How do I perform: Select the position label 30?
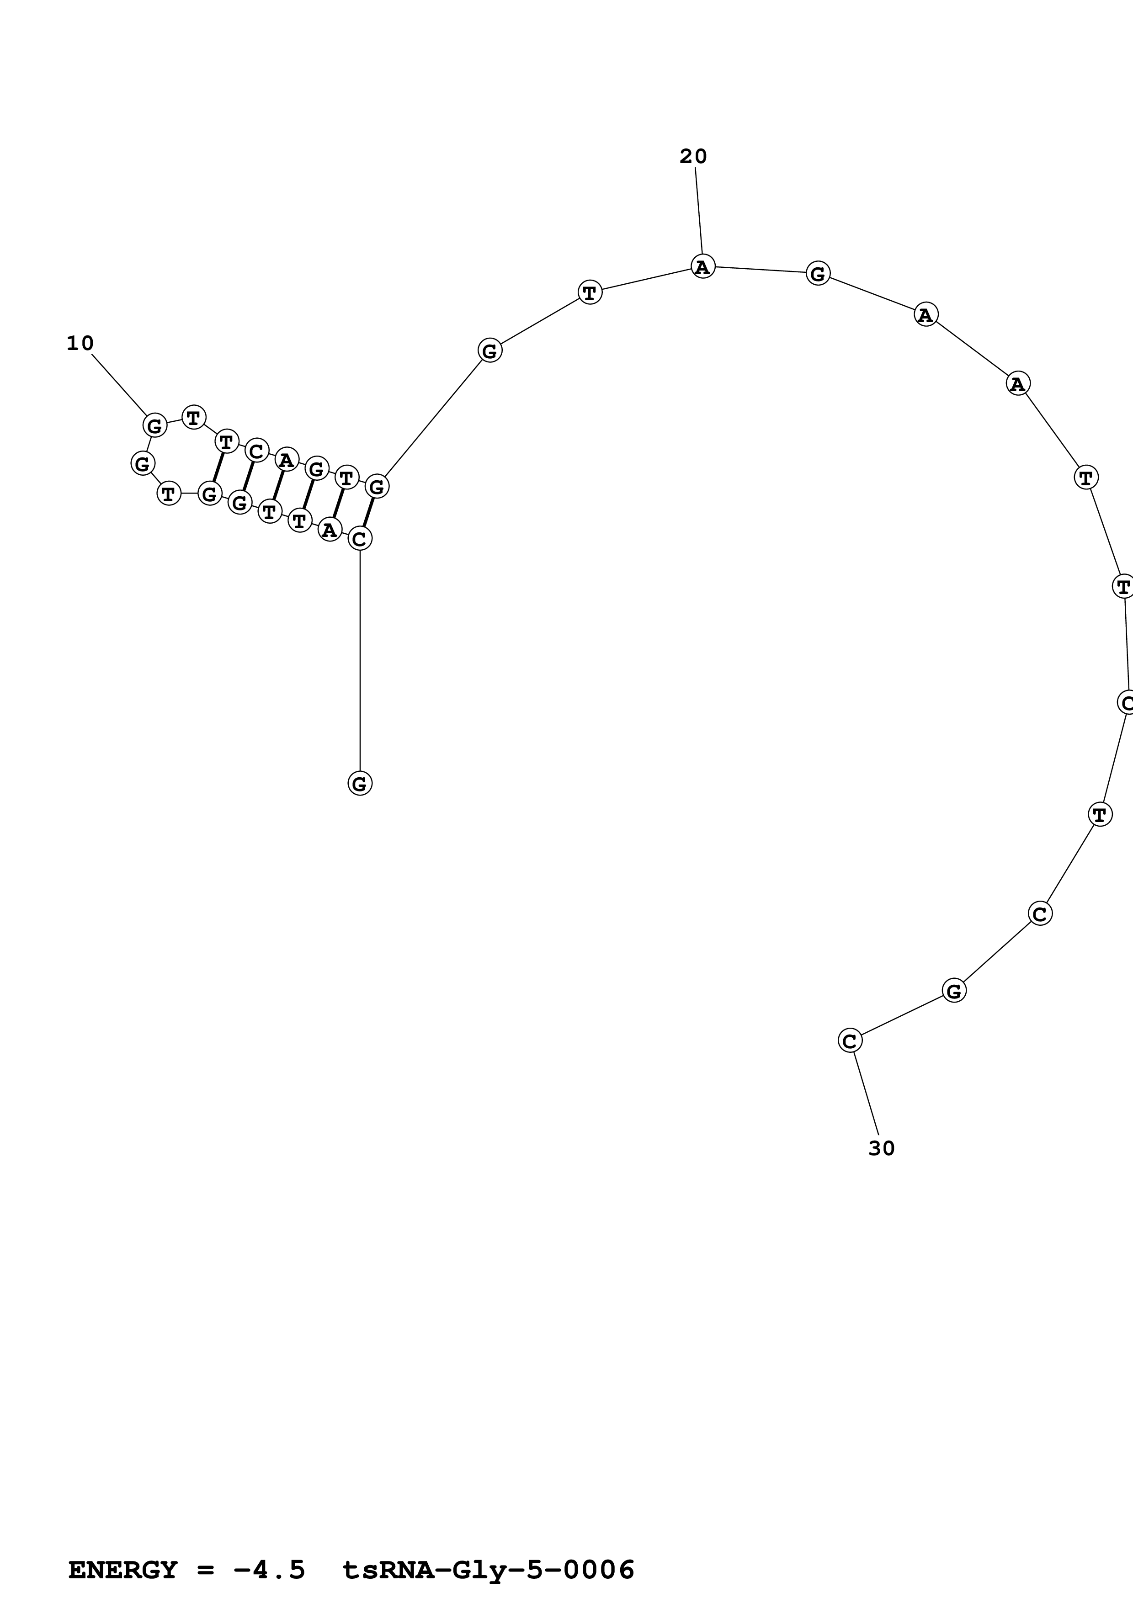click(881, 1148)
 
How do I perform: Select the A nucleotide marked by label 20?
click(703, 266)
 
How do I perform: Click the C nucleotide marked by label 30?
click(850, 1041)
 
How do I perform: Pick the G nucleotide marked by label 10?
click(155, 425)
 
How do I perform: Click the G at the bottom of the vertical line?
click(360, 783)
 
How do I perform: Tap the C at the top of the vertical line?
click(360, 538)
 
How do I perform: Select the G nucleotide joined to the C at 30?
click(953, 990)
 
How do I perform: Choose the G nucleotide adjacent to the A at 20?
click(818, 272)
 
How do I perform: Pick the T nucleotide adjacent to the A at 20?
click(590, 292)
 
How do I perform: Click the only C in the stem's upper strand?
click(256, 451)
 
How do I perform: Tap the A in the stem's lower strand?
click(330, 530)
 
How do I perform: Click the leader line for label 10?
click(119, 384)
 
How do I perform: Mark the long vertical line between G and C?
click(360, 660)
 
